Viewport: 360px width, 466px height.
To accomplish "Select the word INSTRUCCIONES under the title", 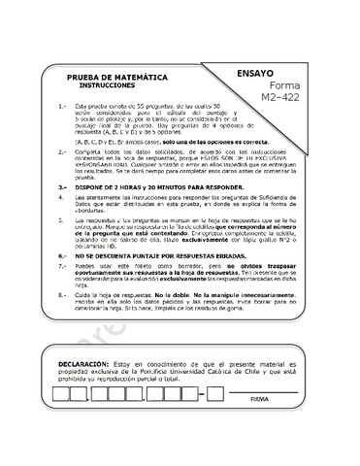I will pos(110,85).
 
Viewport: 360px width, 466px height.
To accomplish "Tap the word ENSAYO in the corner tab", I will pos(254,73).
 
